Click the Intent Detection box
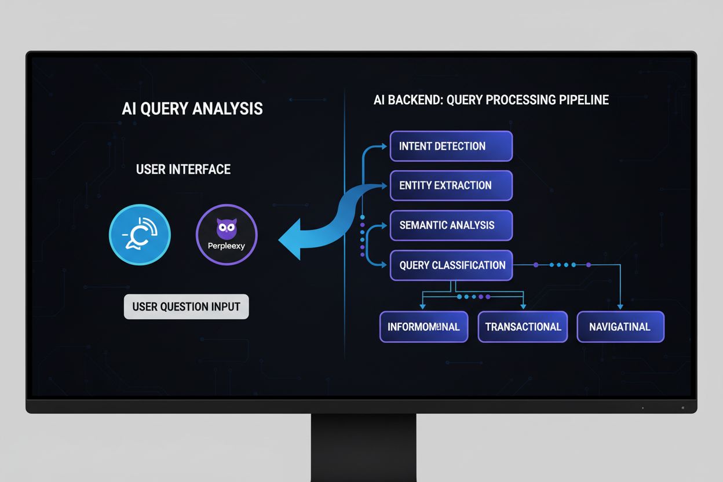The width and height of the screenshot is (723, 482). click(x=451, y=146)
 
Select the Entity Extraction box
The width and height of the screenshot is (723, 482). click(x=451, y=185)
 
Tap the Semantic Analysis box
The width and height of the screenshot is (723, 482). click(x=451, y=225)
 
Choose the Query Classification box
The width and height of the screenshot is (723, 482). click(x=451, y=265)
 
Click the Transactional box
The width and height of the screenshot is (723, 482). click(x=523, y=327)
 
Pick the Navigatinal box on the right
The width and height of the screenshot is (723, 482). click(x=620, y=327)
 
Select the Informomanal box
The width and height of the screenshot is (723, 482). click(x=423, y=327)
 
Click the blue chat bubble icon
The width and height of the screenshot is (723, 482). click(x=140, y=235)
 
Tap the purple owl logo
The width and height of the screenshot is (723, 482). click(x=227, y=228)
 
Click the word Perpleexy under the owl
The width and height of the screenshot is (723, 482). click(x=227, y=246)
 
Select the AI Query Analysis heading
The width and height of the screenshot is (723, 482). click(x=192, y=109)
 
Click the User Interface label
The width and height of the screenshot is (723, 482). click(x=183, y=169)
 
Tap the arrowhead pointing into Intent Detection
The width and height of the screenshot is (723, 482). click(x=384, y=146)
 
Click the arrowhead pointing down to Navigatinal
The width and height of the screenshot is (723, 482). click(x=620, y=306)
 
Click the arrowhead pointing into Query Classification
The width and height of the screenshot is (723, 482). click(x=384, y=265)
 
